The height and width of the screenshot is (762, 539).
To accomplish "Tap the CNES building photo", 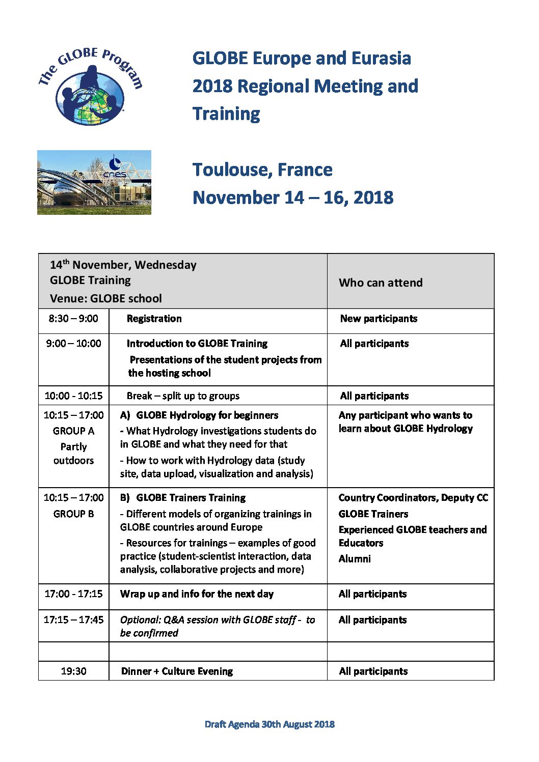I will [94, 182].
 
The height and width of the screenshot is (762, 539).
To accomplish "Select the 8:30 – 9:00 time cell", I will [73, 319].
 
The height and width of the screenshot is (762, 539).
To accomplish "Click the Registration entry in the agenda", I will [154, 319].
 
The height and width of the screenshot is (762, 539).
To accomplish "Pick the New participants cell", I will [379, 319].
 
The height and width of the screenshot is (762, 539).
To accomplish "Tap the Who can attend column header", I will [381, 283].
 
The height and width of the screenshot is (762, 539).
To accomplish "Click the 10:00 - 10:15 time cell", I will [73, 396].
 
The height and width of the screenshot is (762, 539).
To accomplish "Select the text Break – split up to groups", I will [183, 396].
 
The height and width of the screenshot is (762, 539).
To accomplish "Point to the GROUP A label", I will [73, 431].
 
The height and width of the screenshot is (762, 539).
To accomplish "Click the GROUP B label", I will [73, 514].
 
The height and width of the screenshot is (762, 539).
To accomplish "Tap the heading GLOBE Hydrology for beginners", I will [207, 415].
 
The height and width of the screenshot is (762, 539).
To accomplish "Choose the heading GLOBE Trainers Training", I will [191, 498].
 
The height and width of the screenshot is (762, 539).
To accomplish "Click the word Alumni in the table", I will [355, 559].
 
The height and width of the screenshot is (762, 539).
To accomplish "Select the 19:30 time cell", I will [73, 671].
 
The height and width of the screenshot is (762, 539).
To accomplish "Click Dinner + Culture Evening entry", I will [177, 671].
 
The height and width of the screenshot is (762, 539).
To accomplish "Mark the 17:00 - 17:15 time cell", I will [73, 594].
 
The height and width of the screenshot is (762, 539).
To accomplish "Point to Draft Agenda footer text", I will [269, 724].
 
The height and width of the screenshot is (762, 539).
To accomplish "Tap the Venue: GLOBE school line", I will [105, 299].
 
